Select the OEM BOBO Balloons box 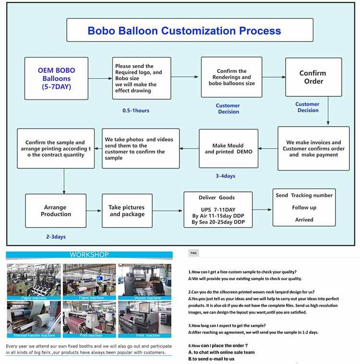click(56, 79)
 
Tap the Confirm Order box click(313, 78)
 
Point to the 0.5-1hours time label click(136, 111)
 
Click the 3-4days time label click(225, 176)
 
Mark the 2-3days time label click(56, 237)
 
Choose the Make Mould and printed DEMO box click(228, 149)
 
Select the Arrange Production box click(56, 211)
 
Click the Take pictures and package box click(127, 211)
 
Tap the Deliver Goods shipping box click(218, 210)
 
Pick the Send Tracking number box click(303, 207)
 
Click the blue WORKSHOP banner click(89, 255)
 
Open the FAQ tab click(193, 253)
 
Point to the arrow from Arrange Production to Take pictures click(94, 211)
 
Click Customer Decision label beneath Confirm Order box click(307, 107)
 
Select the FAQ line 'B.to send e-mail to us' click(211, 359)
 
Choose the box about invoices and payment click(313, 149)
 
